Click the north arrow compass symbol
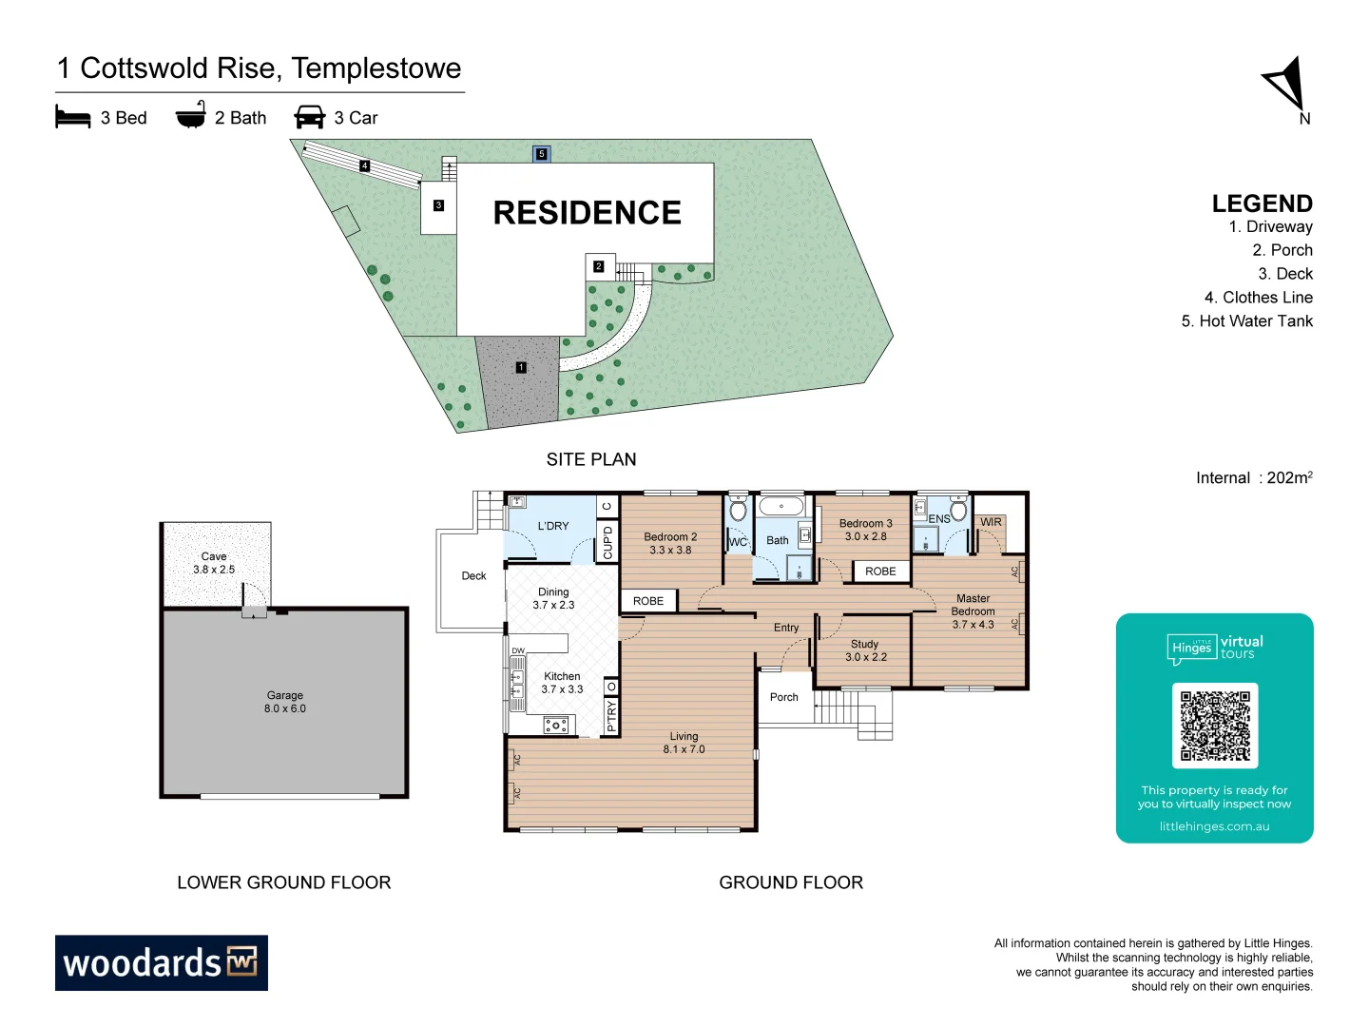(1286, 85)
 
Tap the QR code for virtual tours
(1215, 726)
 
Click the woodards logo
(162, 962)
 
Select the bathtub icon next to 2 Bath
(191, 115)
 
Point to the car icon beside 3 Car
(310, 117)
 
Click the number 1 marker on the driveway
(521, 367)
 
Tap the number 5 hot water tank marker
(542, 153)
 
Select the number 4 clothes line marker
(364, 166)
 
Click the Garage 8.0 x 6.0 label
(285, 702)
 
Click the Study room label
(865, 650)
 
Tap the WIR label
(991, 522)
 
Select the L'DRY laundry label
(553, 526)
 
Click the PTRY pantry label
(611, 716)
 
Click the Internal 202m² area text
(1253, 477)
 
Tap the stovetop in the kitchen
(556, 726)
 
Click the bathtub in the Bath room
(781, 506)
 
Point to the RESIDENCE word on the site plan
(587, 213)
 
